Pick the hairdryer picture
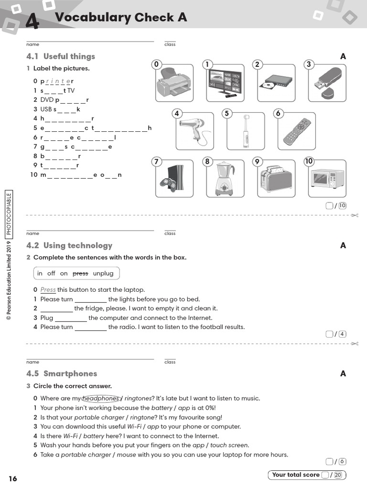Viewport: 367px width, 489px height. (194, 131)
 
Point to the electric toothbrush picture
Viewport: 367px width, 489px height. (245, 131)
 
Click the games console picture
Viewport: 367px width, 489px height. (174, 179)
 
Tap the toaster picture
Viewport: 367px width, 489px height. (276, 179)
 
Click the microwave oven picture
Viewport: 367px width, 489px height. (327, 179)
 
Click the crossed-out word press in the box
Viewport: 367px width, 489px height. (80, 274)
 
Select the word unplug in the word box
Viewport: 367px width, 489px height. (103, 274)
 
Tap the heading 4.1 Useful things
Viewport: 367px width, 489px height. (61, 56)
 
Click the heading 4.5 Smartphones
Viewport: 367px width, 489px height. (62, 373)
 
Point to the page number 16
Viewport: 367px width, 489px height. (12, 478)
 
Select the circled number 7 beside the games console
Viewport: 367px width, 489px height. (156, 161)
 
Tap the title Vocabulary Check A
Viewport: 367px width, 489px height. (121, 18)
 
